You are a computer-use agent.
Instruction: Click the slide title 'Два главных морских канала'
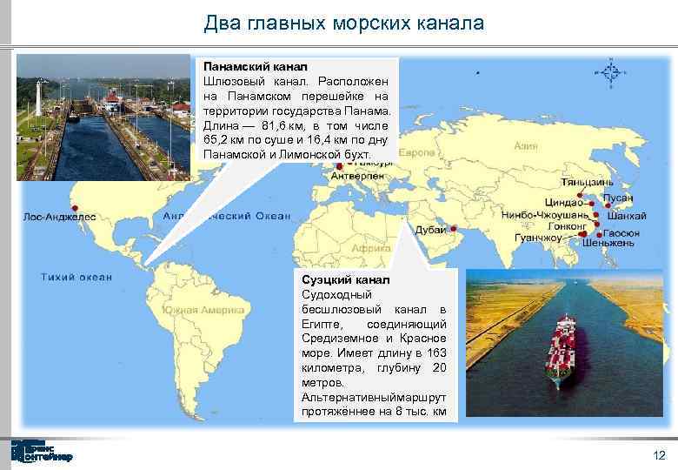click(x=343, y=23)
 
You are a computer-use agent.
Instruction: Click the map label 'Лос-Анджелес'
click(x=59, y=217)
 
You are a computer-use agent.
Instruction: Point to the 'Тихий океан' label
click(x=76, y=277)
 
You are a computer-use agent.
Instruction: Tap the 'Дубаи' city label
click(x=430, y=230)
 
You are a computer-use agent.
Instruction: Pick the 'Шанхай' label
click(x=626, y=215)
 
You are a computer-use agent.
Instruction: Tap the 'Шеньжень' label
click(x=608, y=243)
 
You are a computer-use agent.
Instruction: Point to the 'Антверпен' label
click(x=356, y=174)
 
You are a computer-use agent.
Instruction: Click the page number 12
click(x=658, y=456)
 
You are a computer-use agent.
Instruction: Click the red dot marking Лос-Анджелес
click(x=76, y=208)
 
